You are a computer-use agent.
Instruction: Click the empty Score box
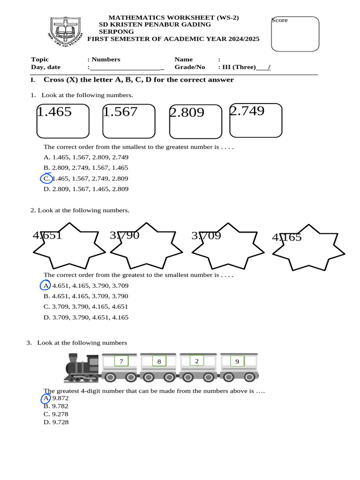click(x=295, y=34)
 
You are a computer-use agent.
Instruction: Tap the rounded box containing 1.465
click(x=63, y=121)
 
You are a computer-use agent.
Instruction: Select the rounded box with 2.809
click(x=195, y=122)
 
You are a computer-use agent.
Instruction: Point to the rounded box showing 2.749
click(x=256, y=120)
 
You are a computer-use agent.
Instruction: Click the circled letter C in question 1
click(x=46, y=179)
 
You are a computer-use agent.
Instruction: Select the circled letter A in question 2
click(x=45, y=285)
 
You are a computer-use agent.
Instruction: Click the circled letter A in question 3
click(x=45, y=398)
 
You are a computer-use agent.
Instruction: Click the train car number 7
click(x=121, y=361)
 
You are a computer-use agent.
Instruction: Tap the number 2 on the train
click(x=197, y=361)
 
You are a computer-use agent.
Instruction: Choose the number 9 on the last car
click(x=237, y=361)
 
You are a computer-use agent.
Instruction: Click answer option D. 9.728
click(x=56, y=422)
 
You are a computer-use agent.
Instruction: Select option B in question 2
click(x=86, y=296)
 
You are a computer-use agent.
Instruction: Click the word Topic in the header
click(x=40, y=60)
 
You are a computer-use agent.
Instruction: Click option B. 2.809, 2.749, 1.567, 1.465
click(x=86, y=168)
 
